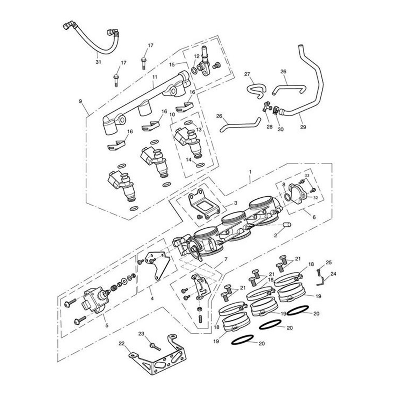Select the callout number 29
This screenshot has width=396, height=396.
[303, 127]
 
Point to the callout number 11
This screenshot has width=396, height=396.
[154, 77]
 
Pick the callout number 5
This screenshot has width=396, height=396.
[107, 325]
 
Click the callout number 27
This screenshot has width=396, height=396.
[247, 74]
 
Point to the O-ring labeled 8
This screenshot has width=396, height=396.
[288, 197]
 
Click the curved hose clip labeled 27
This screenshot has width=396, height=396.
[255, 90]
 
